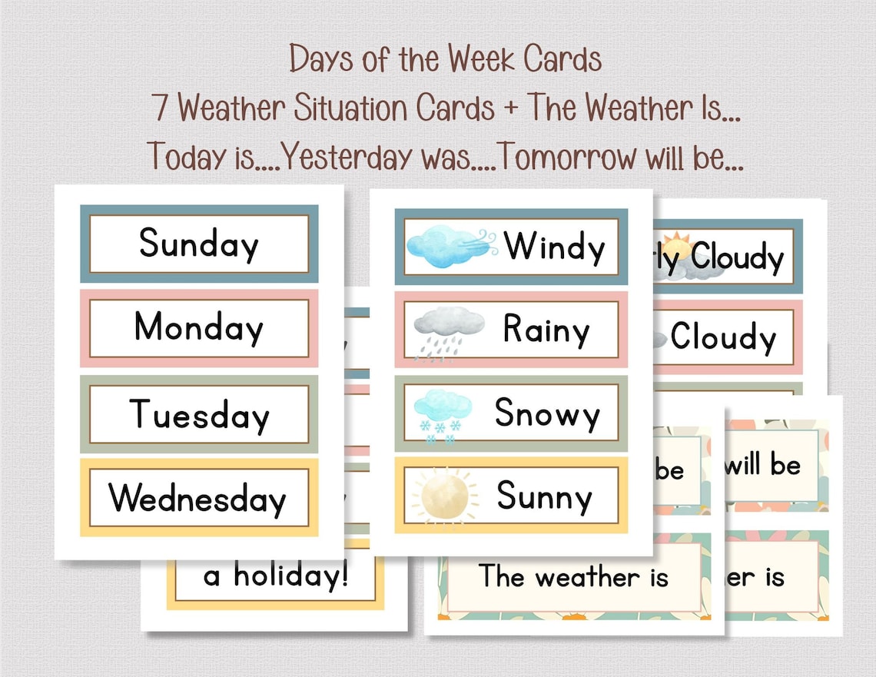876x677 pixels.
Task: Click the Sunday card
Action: point(199,244)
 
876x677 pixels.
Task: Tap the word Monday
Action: point(199,328)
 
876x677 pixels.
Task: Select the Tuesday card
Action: point(199,414)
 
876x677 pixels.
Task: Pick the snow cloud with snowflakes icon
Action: point(443,415)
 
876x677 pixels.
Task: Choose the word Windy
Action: point(555,247)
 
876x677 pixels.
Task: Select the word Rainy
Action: point(546,330)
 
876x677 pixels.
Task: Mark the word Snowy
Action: point(547,413)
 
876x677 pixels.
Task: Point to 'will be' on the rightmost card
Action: point(762,465)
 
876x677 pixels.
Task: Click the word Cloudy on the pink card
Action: point(723,337)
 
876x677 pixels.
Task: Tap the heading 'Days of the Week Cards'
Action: point(445,59)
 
